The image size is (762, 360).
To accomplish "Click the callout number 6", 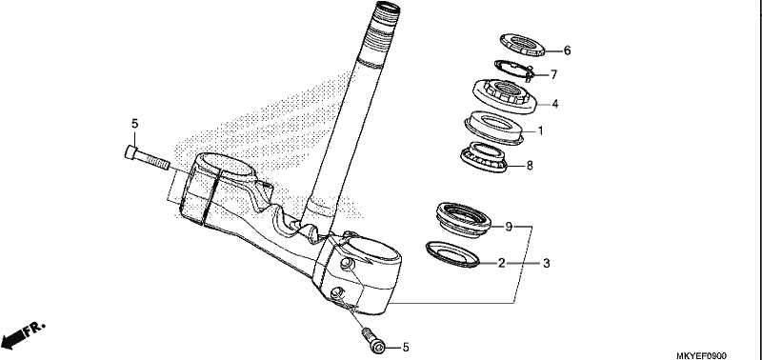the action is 567,50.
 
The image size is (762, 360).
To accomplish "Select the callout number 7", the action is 553,74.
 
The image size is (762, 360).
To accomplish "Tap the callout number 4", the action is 555,104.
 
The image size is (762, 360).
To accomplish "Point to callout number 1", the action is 540,130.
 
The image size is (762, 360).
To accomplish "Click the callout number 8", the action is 530,166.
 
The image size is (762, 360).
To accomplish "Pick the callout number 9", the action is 509,227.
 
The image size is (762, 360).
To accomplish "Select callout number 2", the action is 502,263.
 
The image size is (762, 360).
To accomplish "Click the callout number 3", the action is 547,263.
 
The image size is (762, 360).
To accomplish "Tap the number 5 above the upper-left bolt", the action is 135,124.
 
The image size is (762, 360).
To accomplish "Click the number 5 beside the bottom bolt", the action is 406,348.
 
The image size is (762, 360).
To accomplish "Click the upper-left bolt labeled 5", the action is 147,157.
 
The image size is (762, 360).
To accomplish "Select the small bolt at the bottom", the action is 373,340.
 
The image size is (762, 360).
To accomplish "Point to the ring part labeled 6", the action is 522,45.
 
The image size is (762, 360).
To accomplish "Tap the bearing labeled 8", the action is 484,157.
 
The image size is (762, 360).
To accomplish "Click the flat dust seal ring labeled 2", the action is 452,254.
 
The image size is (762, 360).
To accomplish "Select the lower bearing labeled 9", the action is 463,220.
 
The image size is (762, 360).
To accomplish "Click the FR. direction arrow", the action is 22,335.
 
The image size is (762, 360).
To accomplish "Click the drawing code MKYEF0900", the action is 701,356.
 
